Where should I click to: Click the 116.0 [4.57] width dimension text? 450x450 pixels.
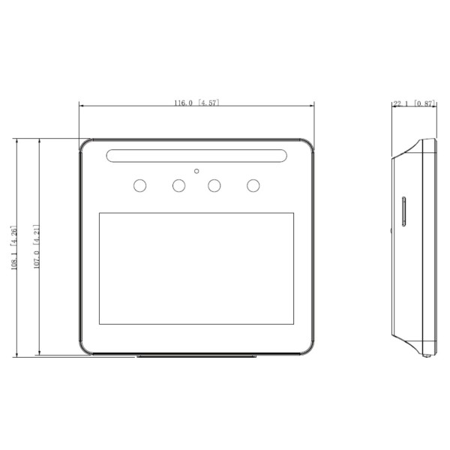196,102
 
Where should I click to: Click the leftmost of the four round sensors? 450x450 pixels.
139,185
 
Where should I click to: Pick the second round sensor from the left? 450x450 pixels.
178,185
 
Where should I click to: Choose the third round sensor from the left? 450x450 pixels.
215,185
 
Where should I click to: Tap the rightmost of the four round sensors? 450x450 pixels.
253,185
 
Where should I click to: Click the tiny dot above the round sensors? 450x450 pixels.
196,171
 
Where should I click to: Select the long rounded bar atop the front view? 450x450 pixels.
196,156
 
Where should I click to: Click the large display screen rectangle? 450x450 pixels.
196,268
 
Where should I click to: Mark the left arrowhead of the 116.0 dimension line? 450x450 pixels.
81,106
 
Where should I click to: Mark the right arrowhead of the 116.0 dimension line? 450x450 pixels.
312,106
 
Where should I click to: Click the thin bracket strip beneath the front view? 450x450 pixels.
196,358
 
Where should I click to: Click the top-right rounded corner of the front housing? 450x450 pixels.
308,144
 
